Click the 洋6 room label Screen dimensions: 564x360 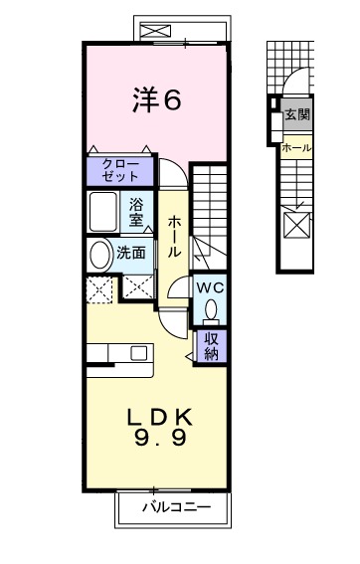click(x=157, y=100)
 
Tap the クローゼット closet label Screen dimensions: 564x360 click(x=118, y=170)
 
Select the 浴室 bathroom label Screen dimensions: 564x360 click(x=137, y=211)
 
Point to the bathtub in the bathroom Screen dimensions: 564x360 click(x=105, y=211)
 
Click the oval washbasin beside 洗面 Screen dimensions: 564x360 click(x=100, y=255)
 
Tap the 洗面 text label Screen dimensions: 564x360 click(x=131, y=254)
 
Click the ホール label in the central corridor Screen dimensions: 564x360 click(x=174, y=239)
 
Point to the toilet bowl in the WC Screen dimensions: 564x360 click(x=210, y=311)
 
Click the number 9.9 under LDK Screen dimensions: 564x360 click(x=156, y=438)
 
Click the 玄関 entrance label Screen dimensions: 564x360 click(x=296, y=115)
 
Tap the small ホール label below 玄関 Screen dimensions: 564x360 click(x=296, y=148)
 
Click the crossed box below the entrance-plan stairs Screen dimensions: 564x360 click(x=297, y=224)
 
